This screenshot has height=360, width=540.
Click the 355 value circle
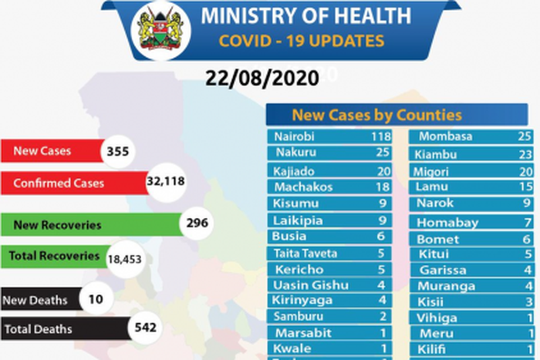coord(120,150)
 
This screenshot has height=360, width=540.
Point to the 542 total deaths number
coord(145,328)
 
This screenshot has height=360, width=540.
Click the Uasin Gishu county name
coord(305,285)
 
